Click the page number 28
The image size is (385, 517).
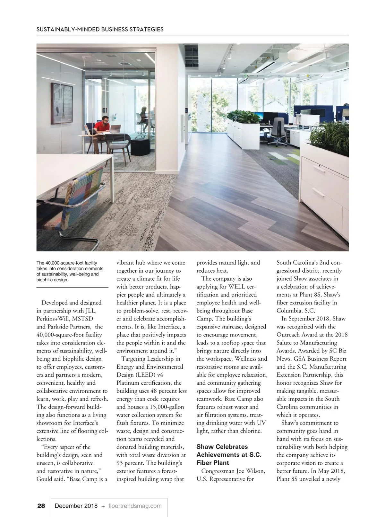tap(41, 506)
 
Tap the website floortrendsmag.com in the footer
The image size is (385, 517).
tap(135, 506)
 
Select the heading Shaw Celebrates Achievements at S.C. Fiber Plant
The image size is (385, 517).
tap(229, 455)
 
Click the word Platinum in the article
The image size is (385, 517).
tap(129, 383)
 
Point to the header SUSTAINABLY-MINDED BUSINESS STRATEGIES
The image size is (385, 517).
tap(100, 29)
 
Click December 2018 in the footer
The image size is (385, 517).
tap(76, 506)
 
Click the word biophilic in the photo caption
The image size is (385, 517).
tap(46, 280)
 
